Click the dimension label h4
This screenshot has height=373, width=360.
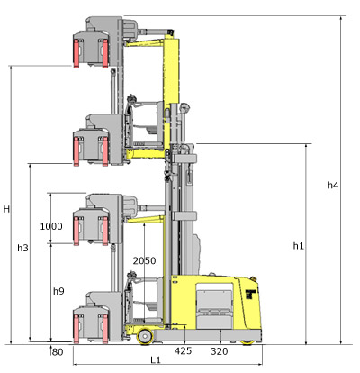pyautogui.click(x=333, y=186)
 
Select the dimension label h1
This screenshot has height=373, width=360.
pyautogui.click(x=299, y=246)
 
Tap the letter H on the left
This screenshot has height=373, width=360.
pyautogui.click(x=6, y=209)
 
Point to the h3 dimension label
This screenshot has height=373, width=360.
pyautogui.click(x=22, y=248)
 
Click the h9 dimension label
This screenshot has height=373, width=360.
pyautogui.click(x=58, y=291)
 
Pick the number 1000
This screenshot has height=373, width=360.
pyautogui.click(x=51, y=226)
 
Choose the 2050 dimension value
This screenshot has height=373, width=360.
pyautogui.click(x=144, y=260)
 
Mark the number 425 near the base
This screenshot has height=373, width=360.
pyautogui.click(x=183, y=350)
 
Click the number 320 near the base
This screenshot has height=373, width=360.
pyautogui.click(x=220, y=351)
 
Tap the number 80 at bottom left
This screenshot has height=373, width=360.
pyautogui.click(x=58, y=352)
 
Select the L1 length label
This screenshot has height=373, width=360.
pyautogui.click(x=156, y=359)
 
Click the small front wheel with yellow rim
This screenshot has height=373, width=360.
pyautogui.click(x=145, y=336)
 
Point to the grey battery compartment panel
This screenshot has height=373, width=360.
pyautogui.click(x=214, y=309)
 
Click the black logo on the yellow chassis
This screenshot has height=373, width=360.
pyautogui.click(x=250, y=294)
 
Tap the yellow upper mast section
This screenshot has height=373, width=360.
pyautogui.click(x=172, y=70)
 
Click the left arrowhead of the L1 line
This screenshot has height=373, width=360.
pyautogui.click(x=75, y=365)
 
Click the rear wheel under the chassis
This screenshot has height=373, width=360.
pyautogui.click(x=247, y=342)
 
